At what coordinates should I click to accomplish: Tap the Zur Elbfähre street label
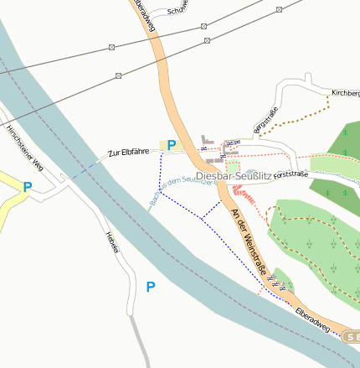pos(127,153)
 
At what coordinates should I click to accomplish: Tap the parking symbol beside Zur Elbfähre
pos(172,145)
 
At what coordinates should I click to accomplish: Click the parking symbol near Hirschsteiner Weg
pos(28,188)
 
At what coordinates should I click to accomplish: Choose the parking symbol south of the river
pos(151,288)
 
